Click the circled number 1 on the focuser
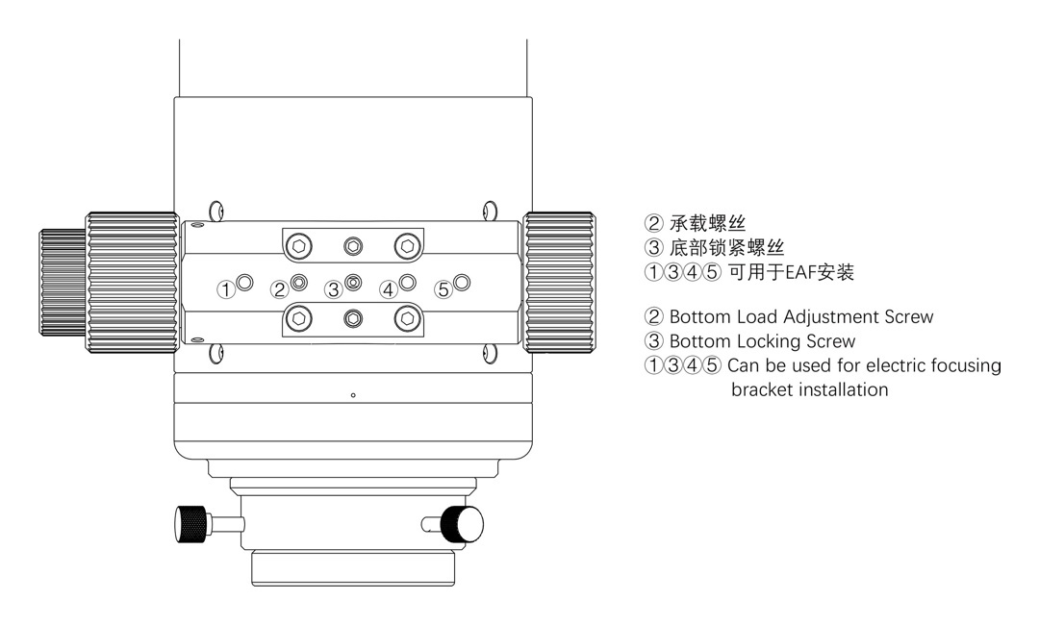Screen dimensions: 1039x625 coord(226,290)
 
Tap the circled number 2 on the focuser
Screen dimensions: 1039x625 coord(280,290)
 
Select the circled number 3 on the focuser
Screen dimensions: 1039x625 coord(333,290)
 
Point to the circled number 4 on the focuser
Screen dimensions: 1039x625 coord(388,290)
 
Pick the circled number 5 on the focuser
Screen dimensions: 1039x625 coord(443,290)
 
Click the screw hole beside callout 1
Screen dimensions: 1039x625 coord(244,283)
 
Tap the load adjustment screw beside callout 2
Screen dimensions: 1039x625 coord(299,283)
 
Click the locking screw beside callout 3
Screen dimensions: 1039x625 coord(353,283)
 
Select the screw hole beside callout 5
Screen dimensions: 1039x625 coord(462,283)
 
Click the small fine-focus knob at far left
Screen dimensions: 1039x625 coord(63,283)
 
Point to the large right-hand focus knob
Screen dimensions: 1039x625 coord(559,283)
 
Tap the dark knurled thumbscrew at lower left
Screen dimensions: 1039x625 coord(190,524)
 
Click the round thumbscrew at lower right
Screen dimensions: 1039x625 coord(462,524)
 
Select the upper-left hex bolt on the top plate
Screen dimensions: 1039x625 coord(299,247)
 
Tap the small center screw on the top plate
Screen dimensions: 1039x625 coord(353,247)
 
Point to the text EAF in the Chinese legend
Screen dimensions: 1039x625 coord(800,272)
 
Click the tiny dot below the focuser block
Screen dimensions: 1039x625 coord(353,395)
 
